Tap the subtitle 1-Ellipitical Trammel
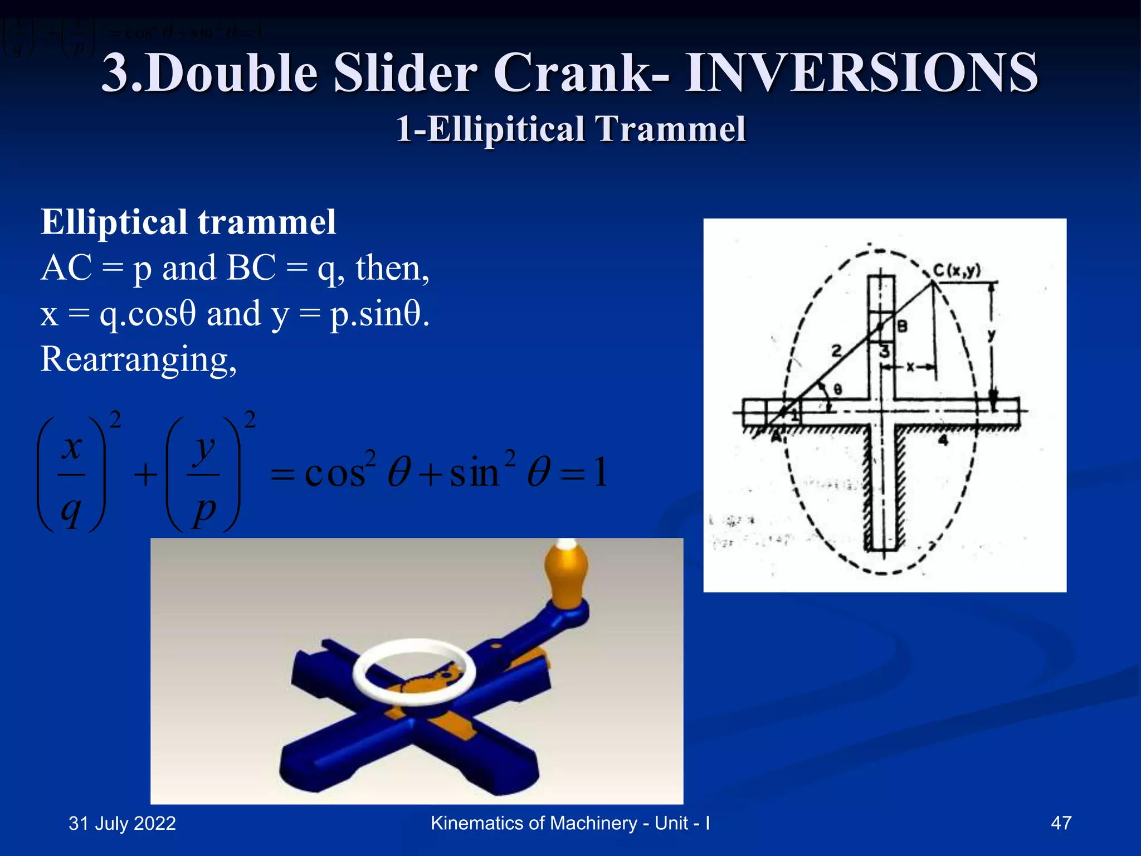click(x=570, y=129)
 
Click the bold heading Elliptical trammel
click(x=188, y=222)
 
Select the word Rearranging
click(x=138, y=359)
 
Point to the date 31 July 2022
click(x=122, y=823)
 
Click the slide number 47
click(x=1061, y=823)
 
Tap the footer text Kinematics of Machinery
click(x=534, y=823)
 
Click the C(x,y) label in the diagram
click(x=957, y=271)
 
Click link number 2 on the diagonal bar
click(x=836, y=351)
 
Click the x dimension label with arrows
click(x=910, y=367)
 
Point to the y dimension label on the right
click(x=991, y=335)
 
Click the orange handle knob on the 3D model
click(x=566, y=574)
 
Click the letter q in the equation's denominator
click(x=71, y=509)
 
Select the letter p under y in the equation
click(x=204, y=509)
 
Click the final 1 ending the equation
click(x=600, y=473)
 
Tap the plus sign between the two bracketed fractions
click(x=145, y=475)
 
